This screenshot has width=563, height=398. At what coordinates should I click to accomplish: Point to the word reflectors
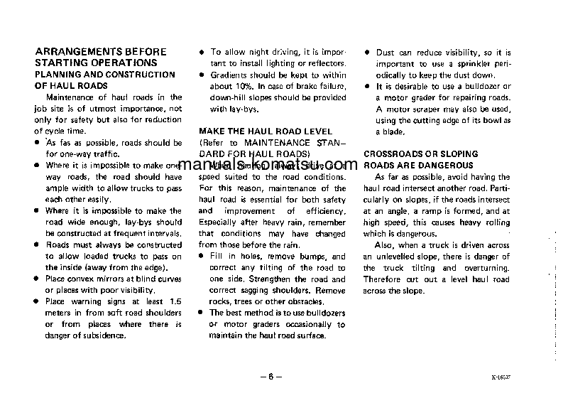[x=325, y=64]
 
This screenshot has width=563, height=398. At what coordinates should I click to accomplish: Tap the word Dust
[x=385, y=53]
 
